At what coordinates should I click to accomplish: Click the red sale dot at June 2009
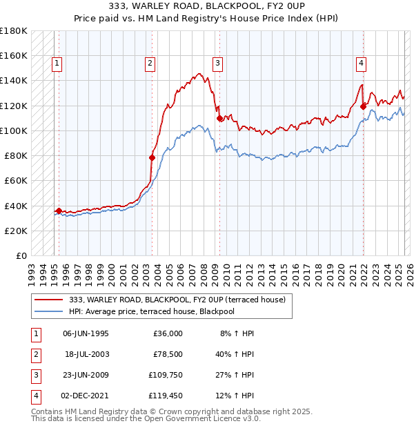[219, 118]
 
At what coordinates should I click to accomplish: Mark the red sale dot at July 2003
[152, 157]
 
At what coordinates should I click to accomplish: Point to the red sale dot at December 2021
[364, 106]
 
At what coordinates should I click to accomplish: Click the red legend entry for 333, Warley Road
[181, 300]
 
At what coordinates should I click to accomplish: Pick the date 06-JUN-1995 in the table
[86, 333]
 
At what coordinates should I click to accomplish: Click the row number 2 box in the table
[34, 354]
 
